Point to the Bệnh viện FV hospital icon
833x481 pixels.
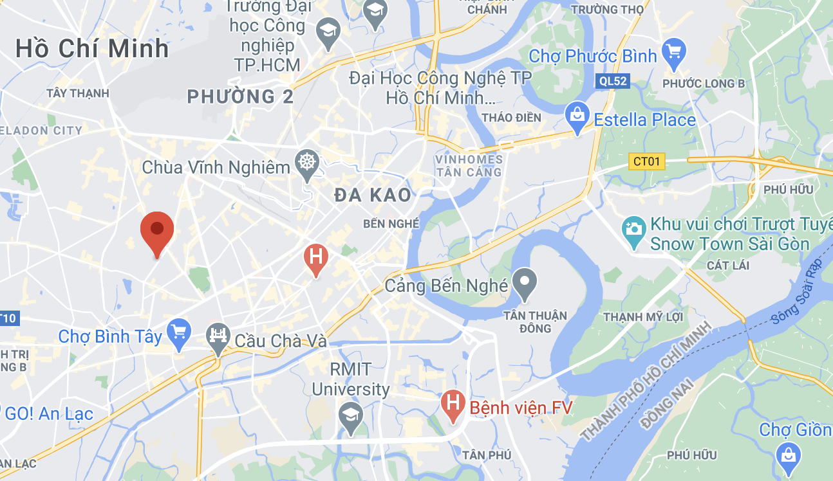click(x=453, y=404)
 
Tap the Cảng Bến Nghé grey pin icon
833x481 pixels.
click(x=525, y=282)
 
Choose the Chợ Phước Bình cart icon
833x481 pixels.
click(x=673, y=53)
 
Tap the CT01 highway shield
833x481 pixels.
click(x=646, y=161)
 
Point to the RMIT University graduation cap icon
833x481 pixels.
click(x=350, y=415)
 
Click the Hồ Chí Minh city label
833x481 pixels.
click(x=92, y=49)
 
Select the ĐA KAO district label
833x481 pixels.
click(x=373, y=195)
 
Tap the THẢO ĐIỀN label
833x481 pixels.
click(x=511, y=118)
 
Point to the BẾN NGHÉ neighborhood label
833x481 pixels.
click(x=391, y=224)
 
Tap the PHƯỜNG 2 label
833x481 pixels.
click(x=240, y=97)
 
